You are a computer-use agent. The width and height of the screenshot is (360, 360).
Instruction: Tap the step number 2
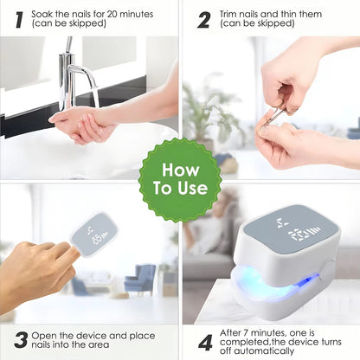click(x=203, y=18)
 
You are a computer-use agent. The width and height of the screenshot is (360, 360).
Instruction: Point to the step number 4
click(x=205, y=342)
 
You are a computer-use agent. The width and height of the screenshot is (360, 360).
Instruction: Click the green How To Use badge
click(x=179, y=178)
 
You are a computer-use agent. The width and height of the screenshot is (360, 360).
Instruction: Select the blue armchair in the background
click(x=138, y=280)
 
